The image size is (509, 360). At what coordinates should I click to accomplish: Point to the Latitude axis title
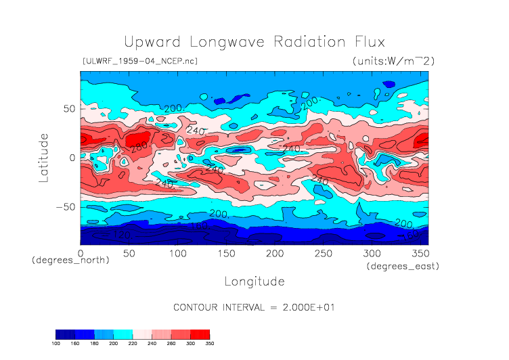[x=44, y=157]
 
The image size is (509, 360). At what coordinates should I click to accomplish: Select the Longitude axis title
[x=254, y=281]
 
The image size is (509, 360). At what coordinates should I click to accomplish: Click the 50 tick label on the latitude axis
[x=68, y=108]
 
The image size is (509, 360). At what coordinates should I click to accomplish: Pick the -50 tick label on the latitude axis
[x=65, y=206]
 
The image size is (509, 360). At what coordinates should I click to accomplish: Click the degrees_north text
[x=71, y=260]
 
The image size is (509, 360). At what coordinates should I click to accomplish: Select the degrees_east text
[x=403, y=267]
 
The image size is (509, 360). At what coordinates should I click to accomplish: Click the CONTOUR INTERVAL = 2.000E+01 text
[x=254, y=307]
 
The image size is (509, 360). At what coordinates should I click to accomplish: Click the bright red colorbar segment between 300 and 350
[x=200, y=334]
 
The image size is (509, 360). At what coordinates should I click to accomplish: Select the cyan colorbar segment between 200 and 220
[x=123, y=334]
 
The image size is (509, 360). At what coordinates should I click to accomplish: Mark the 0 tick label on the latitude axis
[x=72, y=158]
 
